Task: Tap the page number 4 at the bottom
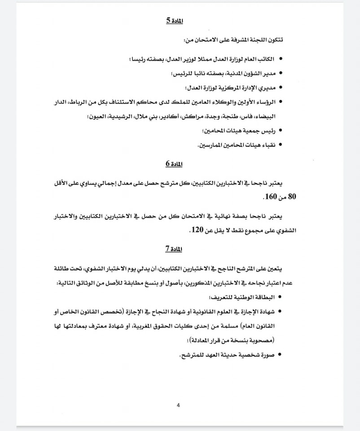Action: (x=178, y=406)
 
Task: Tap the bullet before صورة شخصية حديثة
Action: (x=280, y=355)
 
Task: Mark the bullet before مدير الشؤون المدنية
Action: (x=280, y=73)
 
